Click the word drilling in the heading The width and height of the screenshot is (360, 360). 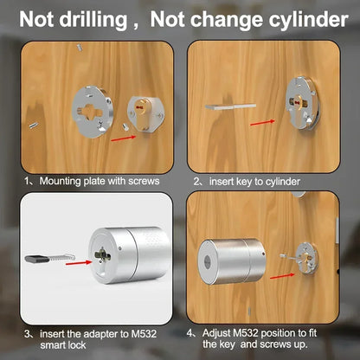pyautogui.click(x=93, y=20)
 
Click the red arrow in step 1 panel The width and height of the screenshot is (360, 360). pyautogui.click(x=123, y=138)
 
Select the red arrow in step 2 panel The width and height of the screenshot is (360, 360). pyautogui.click(x=262, y=123)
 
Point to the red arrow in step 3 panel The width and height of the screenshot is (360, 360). pyautogui.click(x=79, y=263)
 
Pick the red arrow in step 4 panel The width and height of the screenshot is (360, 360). pyautogui.click(x=282, y=276)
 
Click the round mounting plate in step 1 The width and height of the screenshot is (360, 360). pyautogui.click(x=92, y=112)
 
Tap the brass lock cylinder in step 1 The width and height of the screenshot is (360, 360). pyautogui.click(x=142, y=115)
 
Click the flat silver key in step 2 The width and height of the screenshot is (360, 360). pyautogui.click(x=230, y=106)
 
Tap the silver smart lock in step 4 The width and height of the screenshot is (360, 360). pyautogui.click(x=232, y=261)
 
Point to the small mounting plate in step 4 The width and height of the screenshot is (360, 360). pyautogui.click(x=306, y=258)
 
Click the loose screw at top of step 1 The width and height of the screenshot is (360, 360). pyautogui.click(x=80, y=48)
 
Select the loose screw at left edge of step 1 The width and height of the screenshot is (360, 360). pyautogui.click(x=34, y=125)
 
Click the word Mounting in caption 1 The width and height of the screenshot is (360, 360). pyautogui.click(x=60, y=182)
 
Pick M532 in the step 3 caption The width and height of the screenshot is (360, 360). pyautogui.click(x=144, y=334)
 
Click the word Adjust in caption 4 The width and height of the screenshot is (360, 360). pyautogui.click(x=216, y=333)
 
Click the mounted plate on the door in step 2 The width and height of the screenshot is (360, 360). pyautogui.click(x=302, y=103)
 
